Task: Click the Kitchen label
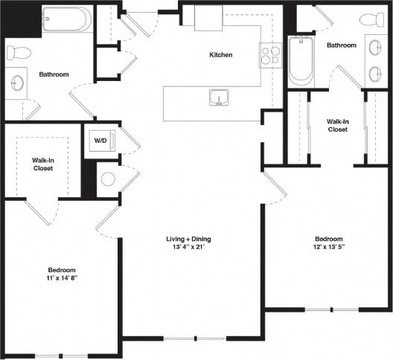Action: (x=220, y=55)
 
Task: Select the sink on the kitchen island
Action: (x=218, y=98)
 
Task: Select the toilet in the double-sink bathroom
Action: (x=371, y=21)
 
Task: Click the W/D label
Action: (x=100, y=139)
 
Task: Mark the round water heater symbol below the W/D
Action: (x=109, y=179)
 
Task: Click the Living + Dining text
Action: (x=188, y=239)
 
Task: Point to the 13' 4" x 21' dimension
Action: (x=188, y=248)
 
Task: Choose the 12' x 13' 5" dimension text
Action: (x=327, y=248)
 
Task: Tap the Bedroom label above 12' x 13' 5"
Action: (x=327, y=239)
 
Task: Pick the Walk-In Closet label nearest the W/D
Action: (x=42, y=164)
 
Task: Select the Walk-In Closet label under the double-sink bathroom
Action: (x=338, y=124)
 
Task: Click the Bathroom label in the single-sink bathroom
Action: (x=54, y=74)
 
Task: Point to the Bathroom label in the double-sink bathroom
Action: (x=342, y=45)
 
